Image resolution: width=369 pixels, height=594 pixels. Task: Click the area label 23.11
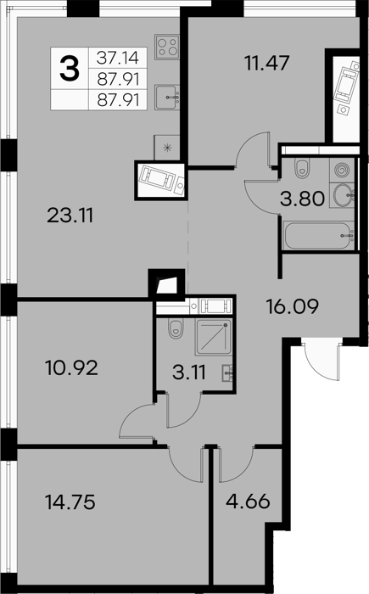[x=70, y=216]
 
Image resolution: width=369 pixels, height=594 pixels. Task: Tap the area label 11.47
[x=267, y=63]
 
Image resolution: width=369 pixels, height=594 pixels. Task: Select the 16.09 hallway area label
[x=292, y=306]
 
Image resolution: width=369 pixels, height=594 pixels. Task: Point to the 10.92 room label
[x=71, y=367]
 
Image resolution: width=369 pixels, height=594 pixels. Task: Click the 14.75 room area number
[x=70, y=502]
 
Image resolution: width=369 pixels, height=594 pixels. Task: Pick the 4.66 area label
[x=248, y=501]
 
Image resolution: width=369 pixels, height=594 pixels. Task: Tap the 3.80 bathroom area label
[x=302, y=199]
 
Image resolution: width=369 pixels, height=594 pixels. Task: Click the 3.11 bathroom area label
[x=188, y=373]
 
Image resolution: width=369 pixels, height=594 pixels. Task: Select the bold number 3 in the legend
[x=70, y=69]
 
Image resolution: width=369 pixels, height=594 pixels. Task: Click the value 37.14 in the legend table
[x=118, y=58]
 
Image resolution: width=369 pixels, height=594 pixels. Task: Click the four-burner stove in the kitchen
[x=167, y=47]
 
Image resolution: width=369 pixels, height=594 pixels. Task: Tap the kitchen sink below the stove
[x=167, y=98]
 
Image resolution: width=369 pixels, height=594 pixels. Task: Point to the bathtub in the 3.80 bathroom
[x=319, y=236]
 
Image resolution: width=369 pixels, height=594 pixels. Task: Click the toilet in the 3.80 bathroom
[x=302, y=168]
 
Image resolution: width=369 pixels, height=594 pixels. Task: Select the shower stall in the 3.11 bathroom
[x=213, y=337]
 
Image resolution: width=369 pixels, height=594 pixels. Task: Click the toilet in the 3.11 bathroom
[x=176, y=329]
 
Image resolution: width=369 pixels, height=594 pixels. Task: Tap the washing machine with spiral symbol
[x=342, y=170]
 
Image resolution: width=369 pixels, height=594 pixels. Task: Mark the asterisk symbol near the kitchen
[x=167, y=148]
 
